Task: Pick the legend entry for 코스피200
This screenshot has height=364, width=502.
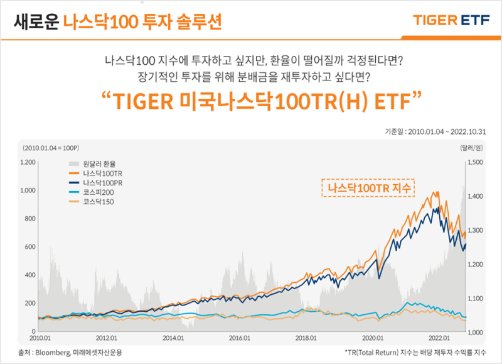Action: point(96,192)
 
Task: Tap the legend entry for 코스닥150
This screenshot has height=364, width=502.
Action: point(96,202)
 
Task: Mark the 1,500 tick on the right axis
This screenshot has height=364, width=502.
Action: point(475,162)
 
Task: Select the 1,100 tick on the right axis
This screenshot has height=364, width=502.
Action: point(475,298)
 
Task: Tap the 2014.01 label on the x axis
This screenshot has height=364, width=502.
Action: point(173,338)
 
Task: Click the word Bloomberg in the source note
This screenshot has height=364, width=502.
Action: point(55,353)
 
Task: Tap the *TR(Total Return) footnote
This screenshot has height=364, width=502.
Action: point(416,353)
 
